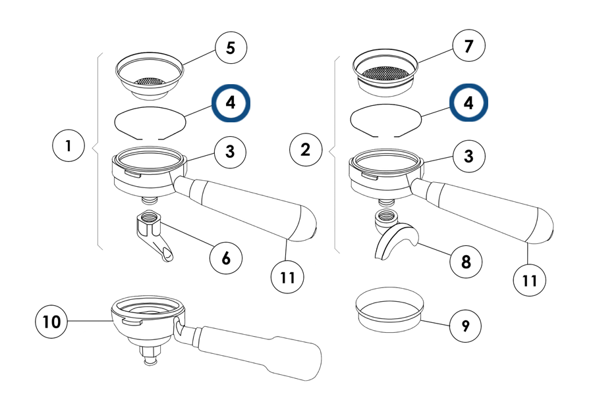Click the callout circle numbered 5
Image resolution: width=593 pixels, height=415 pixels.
(231, 48)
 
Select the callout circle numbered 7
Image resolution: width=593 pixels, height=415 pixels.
(468, 47)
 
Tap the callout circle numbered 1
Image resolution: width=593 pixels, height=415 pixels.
(69, 146)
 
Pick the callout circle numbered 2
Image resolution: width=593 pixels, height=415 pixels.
(306, 149)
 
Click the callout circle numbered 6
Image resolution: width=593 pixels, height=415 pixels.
(226, 258)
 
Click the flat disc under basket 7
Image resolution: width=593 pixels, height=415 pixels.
(386, 120)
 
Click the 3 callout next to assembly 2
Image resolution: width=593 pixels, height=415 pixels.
(467, 157)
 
